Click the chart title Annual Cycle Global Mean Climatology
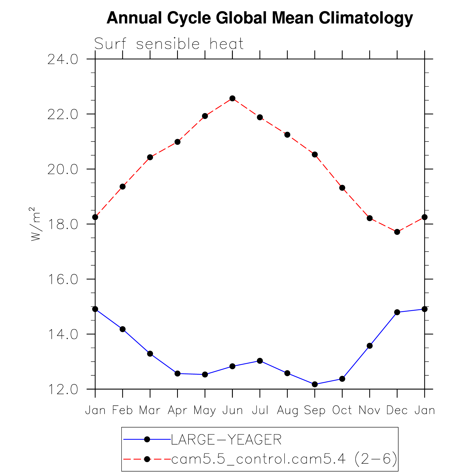click(x=260, y=18)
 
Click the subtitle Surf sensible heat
click(x=169, y=44)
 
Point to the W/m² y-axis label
click(x=35, y=224)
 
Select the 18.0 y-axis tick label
click(x=63, y=225)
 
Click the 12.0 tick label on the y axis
click(x=63, y=390)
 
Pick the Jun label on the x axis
click(x=232, y=410)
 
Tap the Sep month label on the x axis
click(x=315, y=410)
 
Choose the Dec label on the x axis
click(x=397, y=410)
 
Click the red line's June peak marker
click(x=232, y=98)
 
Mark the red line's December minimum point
click(x=397, y=232)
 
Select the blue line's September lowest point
click(x=315, y=384)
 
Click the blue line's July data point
click(x=260, y=361)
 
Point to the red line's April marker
click(x=177, y=142)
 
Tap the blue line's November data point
click(x=370, y=346)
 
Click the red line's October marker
click(x=342, y=188)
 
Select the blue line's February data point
click(x=123, y=329)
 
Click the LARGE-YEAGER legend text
click(x=226, y=439)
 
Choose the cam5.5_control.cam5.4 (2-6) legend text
click(x=284, y=459)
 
